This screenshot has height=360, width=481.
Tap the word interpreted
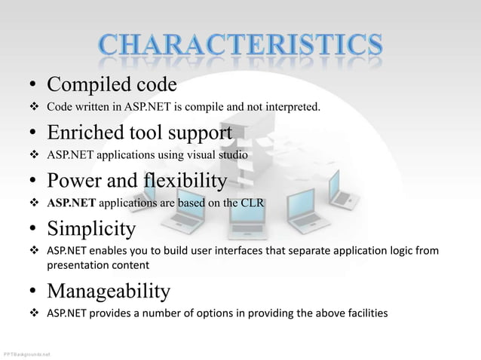point(293,108)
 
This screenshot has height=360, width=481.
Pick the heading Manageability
point(108,290)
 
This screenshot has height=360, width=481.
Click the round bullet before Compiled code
point(35,83)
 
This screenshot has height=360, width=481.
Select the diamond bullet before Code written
point(35,108)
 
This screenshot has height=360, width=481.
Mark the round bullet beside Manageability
point(35,292)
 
